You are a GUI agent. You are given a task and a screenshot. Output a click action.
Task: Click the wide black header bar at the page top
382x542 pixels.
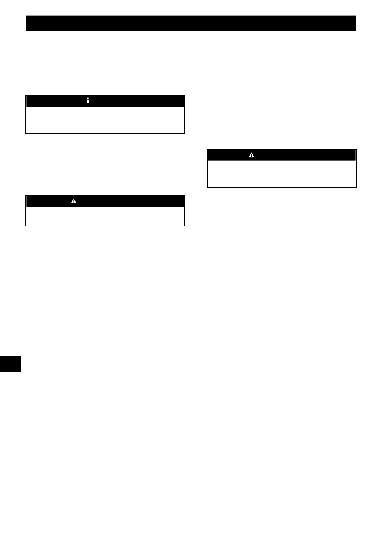click(191, 23)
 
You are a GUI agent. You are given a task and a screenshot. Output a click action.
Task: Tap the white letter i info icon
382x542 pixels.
click(88, 101)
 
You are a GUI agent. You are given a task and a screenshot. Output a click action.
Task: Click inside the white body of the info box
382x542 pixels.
click(105, 120)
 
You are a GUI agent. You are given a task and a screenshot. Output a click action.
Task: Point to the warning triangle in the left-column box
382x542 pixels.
click(74, 201)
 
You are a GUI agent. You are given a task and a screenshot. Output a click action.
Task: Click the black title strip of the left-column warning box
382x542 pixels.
click(129, 201)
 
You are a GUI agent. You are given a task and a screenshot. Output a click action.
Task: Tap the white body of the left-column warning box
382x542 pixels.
click(105, 216)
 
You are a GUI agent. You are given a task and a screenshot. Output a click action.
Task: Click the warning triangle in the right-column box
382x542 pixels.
click(251, 155)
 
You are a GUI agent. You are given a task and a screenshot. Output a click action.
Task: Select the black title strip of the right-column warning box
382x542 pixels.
click(306, 155)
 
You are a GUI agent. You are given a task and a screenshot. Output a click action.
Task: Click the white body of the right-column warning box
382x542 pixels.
click(282, 174)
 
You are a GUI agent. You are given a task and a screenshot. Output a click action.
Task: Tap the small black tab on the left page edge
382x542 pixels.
click(10, 363)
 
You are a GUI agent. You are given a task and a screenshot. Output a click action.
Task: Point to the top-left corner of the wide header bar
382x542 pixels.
click(26, 16)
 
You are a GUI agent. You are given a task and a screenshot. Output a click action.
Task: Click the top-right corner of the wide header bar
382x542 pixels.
click(356, 16)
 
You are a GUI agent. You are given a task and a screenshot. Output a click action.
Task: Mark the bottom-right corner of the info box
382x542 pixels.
click(184, 133)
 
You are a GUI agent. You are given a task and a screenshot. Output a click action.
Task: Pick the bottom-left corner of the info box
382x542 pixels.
click(26, 133)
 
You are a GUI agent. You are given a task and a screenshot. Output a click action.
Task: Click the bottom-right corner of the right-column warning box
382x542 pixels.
click(356, 187)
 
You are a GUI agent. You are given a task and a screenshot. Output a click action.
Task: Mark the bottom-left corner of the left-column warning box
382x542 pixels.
click(26, 226)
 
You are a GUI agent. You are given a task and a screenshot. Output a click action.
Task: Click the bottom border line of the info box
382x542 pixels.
click(105, 133)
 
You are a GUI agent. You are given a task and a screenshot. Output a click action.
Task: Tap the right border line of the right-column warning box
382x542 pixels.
click(356, 169)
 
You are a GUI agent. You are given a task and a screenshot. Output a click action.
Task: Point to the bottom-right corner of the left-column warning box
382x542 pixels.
click(184, 226)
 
